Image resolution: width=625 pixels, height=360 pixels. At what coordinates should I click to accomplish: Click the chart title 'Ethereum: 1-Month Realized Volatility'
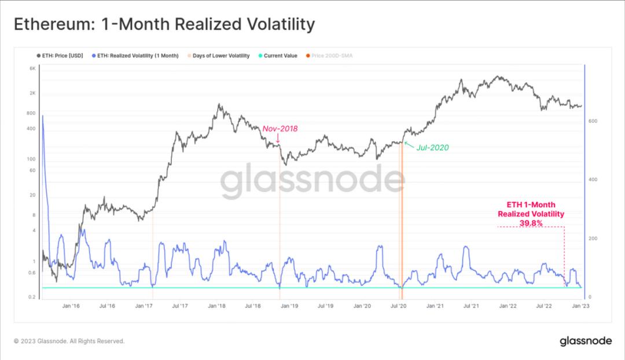pyautogui.click(x=164, y=24)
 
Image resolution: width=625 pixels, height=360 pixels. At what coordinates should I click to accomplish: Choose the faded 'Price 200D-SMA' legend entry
pyautogui.click(x=332, y=56)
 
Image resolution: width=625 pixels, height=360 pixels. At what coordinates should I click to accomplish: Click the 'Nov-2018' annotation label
pyautogui.click(x=280, y=128)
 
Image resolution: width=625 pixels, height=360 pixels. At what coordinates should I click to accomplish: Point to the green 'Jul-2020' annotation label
pyautogui.click(x=432, y=148)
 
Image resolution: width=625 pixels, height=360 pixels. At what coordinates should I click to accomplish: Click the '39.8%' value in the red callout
pyautogui.click(x=531, y=223)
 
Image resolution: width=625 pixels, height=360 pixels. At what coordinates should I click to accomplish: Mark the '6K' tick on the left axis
pyautogui.click(x=33, y=69)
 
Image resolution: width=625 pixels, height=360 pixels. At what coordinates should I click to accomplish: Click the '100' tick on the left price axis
pyautogui.click(x=32, y=159)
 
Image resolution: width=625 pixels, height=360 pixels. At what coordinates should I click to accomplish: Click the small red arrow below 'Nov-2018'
pyautogui.click(x=278, y=138)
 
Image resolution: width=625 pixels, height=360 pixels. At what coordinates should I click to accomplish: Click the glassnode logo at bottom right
pyautogui.click(x=586, y=341)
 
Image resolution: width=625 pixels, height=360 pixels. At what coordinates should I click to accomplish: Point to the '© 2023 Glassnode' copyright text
pyautogui.click(x=69, y=341)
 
